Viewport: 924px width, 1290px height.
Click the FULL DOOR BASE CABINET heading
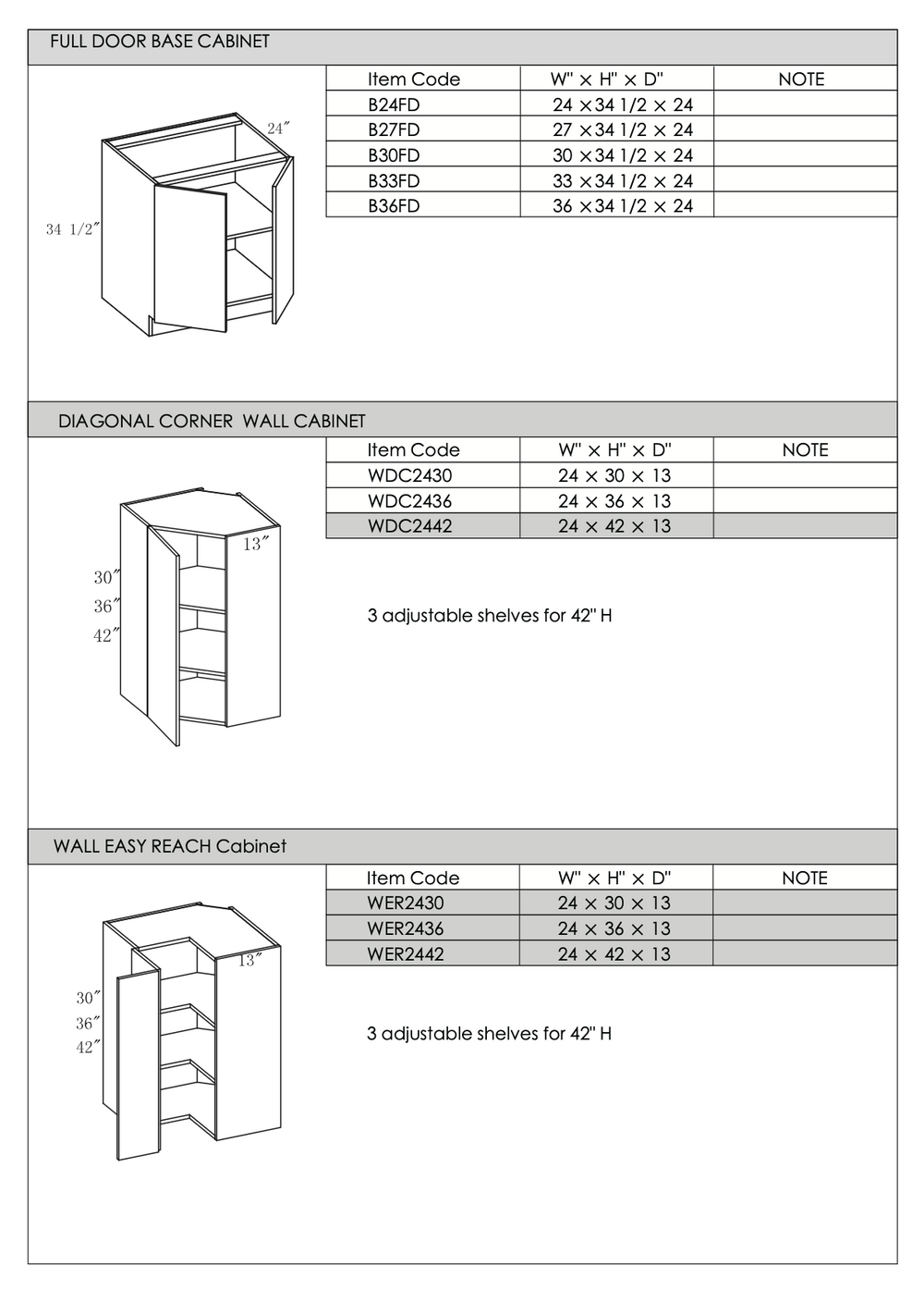[160, 42]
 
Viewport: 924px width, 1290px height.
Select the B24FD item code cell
[394, 104]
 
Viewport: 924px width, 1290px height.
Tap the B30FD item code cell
[394, 155]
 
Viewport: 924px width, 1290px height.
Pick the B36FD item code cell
[394, 206]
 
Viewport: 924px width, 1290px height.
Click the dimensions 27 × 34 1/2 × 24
[622, 130]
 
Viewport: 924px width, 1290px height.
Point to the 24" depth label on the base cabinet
[278, 129]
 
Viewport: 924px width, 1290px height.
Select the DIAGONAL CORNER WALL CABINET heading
[212, 422]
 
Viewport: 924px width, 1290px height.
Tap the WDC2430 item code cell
[409, 476]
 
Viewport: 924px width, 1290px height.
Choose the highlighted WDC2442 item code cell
[409, 526]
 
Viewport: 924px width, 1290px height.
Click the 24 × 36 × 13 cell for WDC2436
[614, 501]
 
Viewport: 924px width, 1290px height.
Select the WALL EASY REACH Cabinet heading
[170, 846]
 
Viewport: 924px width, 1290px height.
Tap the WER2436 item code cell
[405, 928]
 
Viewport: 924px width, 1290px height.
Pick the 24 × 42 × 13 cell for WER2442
[614, 954]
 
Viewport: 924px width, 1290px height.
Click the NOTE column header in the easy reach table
[804, 878]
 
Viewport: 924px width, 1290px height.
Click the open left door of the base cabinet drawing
[190, 259]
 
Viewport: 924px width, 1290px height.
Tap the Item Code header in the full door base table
[413, 80]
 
